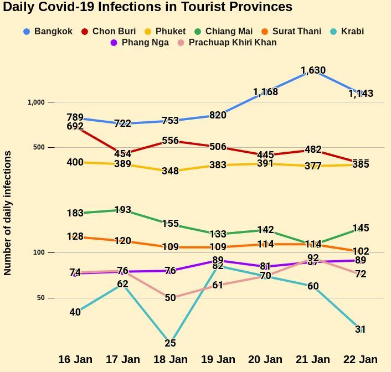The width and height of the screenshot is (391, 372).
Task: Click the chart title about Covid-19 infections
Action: (x=148, y=7)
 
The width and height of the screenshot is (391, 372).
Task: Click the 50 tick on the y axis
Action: (x=38, y=298)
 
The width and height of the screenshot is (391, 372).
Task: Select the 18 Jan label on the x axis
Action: (x=170, y=359)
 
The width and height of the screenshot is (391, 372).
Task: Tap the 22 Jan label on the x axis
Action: (x=361, y=359)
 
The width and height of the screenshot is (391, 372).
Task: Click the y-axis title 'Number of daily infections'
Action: (x=8, y=213)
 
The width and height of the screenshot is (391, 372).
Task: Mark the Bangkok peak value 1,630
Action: (x=313, y=70)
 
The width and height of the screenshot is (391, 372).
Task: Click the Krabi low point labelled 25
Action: (x=170, y=343)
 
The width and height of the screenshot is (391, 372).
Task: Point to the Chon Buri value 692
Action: (x=75, y=126)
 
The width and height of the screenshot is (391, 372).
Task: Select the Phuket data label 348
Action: (x=170, y=171)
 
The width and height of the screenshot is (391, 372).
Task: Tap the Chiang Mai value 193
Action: (x=122, y=210)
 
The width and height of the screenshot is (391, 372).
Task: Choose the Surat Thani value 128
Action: (x=75, y=236)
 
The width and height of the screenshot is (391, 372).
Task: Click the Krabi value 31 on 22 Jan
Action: (x=361, y=329)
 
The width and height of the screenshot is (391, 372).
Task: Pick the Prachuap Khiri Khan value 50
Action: (x=170, y=298)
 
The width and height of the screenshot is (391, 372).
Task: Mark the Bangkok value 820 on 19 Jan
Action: (x=218, y=115)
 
